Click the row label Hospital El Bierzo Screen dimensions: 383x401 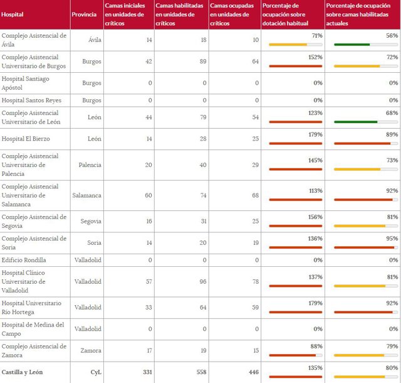tap(26, 139)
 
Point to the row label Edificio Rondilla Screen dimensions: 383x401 tap(24, 260)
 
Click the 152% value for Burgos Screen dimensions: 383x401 tap(315, 57)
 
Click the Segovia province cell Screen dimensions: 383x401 tap(90, 221)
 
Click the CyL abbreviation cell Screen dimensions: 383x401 tap(95, 372)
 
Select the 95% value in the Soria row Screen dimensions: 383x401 tap(392, 239)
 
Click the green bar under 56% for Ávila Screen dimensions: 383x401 tap(352, 45)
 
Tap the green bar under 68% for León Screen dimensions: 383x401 tap(355, 122)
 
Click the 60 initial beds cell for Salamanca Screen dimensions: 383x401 tap(148, 195)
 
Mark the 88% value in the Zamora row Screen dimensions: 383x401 tap(316, 346)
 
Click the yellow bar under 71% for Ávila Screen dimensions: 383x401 tap(288, 45)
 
